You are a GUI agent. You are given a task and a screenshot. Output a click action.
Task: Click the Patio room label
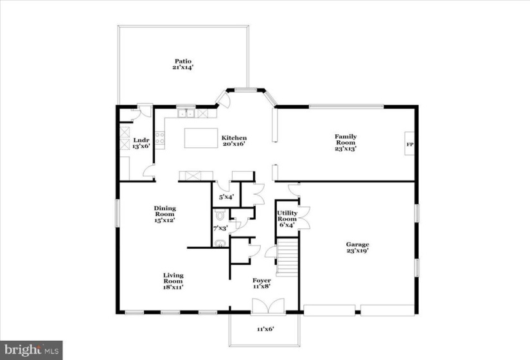coord(183,64)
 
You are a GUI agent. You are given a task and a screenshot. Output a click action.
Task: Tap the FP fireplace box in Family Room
coord(410,143)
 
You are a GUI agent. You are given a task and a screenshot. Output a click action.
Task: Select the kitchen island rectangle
coord(201,138)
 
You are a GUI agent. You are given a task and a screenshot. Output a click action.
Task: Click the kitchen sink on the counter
coord(186,113)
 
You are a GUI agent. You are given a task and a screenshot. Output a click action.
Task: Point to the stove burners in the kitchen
coord(160,138)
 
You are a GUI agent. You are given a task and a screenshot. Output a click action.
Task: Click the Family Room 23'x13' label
coord(346,143)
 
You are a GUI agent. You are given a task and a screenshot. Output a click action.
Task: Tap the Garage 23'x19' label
coord(357,248)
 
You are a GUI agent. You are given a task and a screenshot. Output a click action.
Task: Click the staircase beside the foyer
coord(287,256)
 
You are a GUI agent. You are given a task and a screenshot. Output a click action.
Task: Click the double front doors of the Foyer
coord(268,306)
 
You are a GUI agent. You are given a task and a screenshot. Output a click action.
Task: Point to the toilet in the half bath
coord(220,214)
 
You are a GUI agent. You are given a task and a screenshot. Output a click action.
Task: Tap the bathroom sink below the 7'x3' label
coord(220,243)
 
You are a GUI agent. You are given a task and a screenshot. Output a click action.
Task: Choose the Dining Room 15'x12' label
coord(164,214)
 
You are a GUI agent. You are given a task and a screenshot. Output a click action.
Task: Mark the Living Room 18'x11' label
coord(173,281)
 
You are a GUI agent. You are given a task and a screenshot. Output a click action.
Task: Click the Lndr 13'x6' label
coord(141,143)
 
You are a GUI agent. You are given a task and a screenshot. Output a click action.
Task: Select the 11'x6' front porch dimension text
coord(265,328)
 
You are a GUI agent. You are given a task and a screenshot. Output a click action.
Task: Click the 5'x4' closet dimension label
coord(227,197)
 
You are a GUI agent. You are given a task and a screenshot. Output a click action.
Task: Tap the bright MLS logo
coord(31,350)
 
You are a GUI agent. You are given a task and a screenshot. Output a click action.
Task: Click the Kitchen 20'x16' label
coord(234,141)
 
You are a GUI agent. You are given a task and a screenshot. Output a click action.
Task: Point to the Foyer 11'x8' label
coord(261,283)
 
